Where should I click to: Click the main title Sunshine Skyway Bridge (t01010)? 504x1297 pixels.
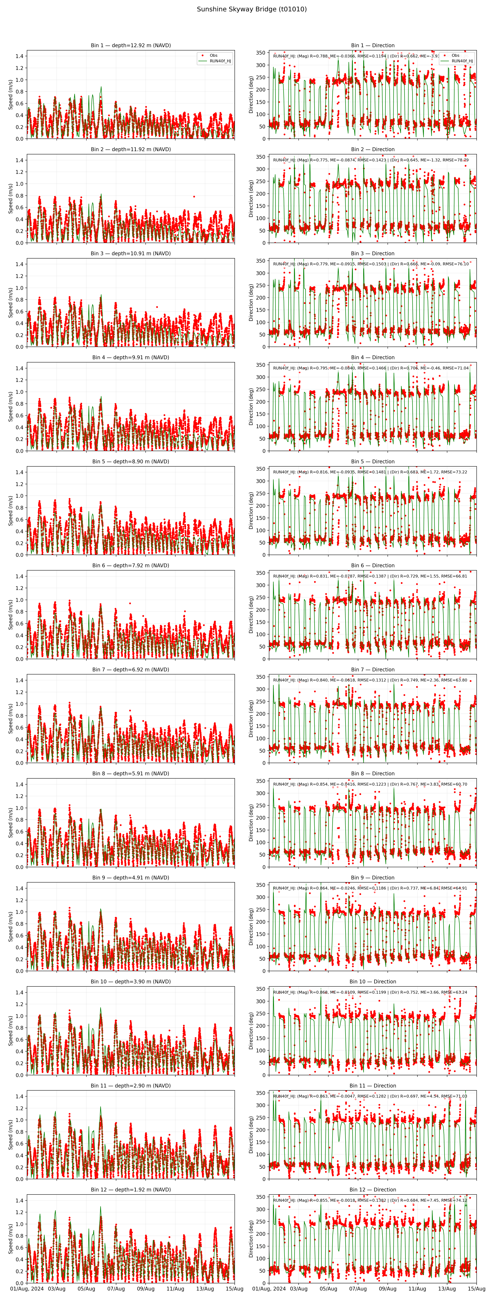(251, 9)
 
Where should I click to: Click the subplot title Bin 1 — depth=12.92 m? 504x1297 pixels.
(131, 45)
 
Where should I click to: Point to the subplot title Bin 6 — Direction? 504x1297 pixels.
(372, 565)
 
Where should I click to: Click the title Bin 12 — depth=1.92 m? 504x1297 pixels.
(131, 1190)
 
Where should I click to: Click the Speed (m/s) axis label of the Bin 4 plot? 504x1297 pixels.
(11, 406)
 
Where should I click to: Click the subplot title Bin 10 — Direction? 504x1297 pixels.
(372, 981)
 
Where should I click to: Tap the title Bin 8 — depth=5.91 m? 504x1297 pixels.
(131, 773)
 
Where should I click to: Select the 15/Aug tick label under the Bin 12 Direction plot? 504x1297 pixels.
(476, 1288)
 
